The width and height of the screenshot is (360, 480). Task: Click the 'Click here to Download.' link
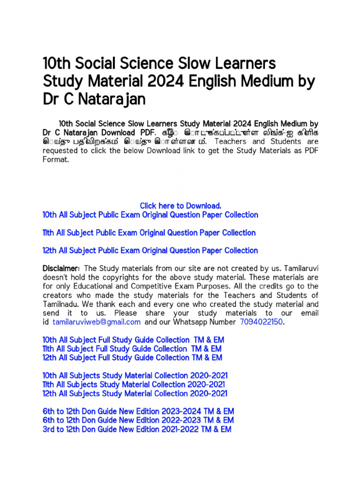(180, 206)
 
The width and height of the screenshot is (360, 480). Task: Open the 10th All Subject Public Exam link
(150, 215)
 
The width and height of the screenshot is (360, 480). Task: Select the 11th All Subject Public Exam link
(149, 232)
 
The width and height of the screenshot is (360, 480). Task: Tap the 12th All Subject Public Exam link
(150, 250)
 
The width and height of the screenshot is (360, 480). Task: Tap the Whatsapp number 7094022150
(262, 322)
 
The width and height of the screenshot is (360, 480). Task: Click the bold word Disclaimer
(61, 268)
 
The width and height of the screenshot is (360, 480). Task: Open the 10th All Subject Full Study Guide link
(132, 340)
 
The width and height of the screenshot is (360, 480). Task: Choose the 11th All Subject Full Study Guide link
(132, 349)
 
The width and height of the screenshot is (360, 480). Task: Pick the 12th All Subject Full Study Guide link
(132, 358)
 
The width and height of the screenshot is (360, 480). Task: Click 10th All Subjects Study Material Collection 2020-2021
(135, 376)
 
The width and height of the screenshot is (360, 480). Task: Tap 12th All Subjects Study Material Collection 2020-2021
(135, 394)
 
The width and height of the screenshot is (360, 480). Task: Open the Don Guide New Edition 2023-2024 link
(138, 412)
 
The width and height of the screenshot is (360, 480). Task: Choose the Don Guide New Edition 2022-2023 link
(138, 420)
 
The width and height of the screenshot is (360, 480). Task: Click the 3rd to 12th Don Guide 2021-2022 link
(137, 429)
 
